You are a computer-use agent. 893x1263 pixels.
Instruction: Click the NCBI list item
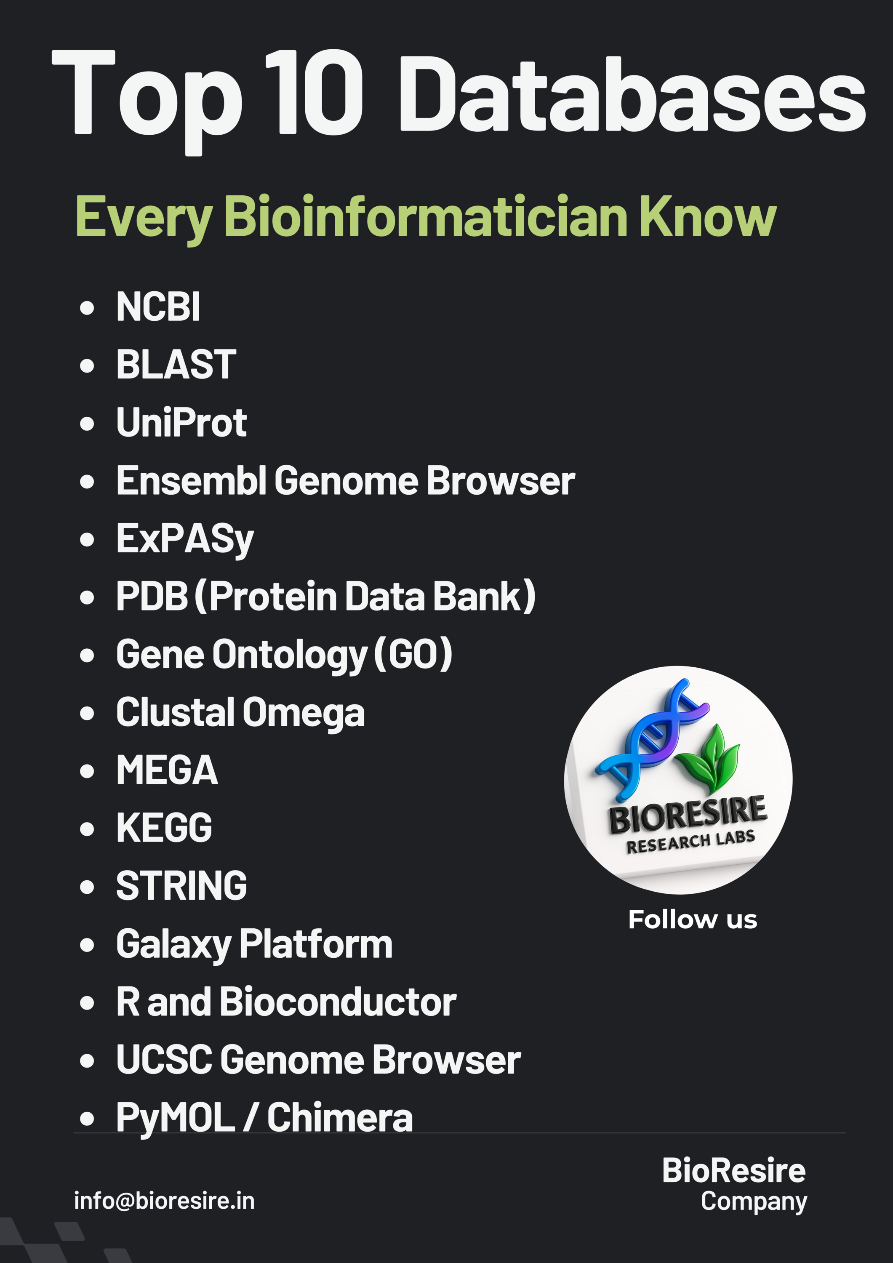pos(158,306)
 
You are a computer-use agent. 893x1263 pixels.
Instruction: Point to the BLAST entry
pos(176,364)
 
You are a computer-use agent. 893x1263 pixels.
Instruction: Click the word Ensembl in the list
pos(192,480)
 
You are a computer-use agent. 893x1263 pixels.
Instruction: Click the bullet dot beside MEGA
pos(87,771)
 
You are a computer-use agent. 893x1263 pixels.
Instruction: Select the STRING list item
pos(181,886)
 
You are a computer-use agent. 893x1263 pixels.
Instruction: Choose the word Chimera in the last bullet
pos(340,1118)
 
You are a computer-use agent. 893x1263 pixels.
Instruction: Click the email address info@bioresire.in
pos(165,1201)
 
